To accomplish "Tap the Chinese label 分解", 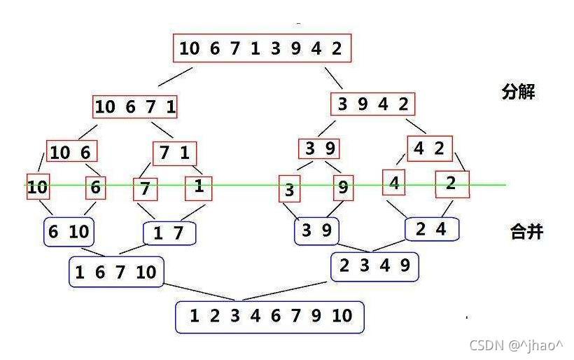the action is (519, 92).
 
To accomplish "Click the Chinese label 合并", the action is (526, 232).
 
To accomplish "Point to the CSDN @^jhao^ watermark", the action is (517, 345).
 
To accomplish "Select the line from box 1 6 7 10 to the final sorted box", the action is (203, 292).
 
